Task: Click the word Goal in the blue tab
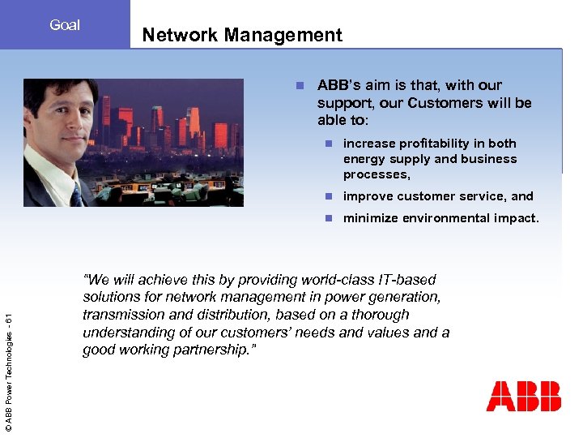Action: click(65, 25)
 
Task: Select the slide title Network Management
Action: click(242, 35)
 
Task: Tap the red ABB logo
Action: click(523, 396)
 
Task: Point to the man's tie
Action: click(76, 194)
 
